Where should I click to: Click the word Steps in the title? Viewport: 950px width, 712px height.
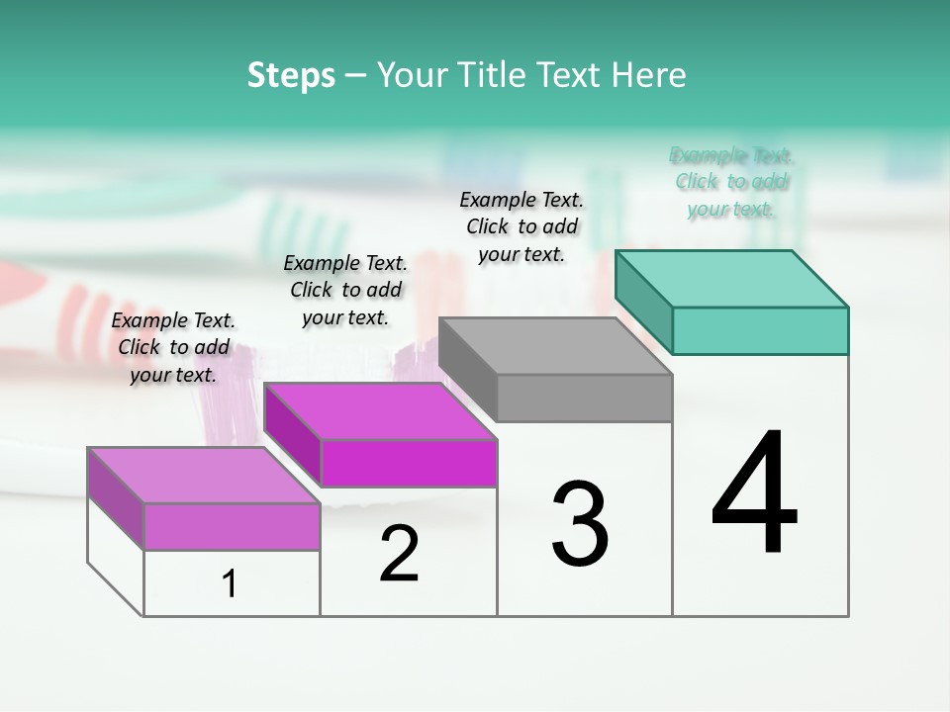291,75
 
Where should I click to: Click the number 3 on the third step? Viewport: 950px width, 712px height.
579,524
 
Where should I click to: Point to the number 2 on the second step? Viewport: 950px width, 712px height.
399,554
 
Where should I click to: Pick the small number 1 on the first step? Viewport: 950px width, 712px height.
230,584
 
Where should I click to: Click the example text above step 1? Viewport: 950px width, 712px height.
173,347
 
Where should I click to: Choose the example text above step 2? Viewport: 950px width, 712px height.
345,290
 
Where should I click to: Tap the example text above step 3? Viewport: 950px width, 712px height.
522,226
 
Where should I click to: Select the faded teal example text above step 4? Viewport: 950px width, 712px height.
731,182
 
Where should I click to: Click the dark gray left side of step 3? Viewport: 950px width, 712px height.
467,369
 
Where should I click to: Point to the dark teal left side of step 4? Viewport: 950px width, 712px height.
643,302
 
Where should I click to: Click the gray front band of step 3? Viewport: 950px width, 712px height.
584,399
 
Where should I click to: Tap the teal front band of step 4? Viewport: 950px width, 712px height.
759,330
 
